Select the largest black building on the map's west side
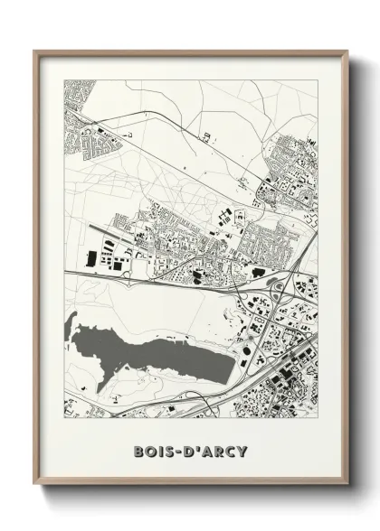point(91,260)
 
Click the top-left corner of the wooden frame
point(34,51)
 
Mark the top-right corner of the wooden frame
point(348,51)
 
